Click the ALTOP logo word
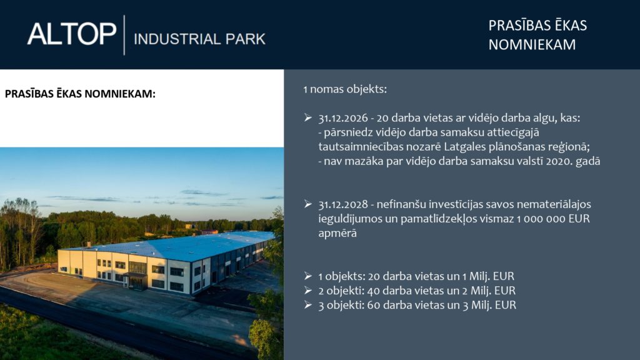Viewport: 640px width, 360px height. (x=72, y=34)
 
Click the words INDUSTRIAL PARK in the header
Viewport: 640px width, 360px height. (x=199, y=39)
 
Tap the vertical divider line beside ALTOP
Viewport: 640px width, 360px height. (x=124, y=35)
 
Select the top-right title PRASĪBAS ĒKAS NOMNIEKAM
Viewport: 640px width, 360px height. (x=537, y=35)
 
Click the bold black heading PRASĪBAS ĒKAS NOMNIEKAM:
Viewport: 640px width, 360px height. (x=80, y=94)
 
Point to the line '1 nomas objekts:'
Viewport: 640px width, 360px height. (x=345, y=89)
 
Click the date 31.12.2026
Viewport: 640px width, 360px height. (x=343, y=118)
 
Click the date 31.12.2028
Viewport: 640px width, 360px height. (x=343, y=204)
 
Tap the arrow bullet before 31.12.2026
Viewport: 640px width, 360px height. (x=308, y=117)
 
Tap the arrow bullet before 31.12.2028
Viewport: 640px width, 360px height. (x=308, y=204)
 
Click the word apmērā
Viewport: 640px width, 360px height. (x=337, y=234)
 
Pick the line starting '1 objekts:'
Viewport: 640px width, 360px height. (x=416, y=276)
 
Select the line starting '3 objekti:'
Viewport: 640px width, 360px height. (x=417, y=305)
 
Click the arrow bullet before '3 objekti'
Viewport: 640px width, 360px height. (x=308, y=304)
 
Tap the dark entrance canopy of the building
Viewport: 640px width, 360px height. (x=135, y=275)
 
